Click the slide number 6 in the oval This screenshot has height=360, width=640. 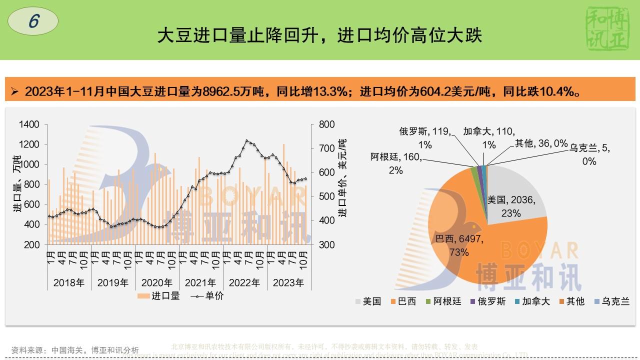(33, 21)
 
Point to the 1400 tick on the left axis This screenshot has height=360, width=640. (29, 124)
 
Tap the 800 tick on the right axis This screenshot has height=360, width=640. (327, 124)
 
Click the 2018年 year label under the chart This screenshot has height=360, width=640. (69, 282)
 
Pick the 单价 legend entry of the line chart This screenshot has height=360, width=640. (208, 295)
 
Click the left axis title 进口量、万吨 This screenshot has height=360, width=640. (17, 185)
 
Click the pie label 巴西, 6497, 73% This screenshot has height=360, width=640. (459, 245)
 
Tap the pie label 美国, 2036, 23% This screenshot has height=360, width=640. (511, 206)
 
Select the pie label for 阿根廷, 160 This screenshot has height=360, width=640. (396, 163)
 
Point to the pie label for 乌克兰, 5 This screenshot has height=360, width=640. (589, 154)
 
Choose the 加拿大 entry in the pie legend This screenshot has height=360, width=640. (532, 301)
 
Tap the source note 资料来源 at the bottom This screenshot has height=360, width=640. (75, 350)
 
